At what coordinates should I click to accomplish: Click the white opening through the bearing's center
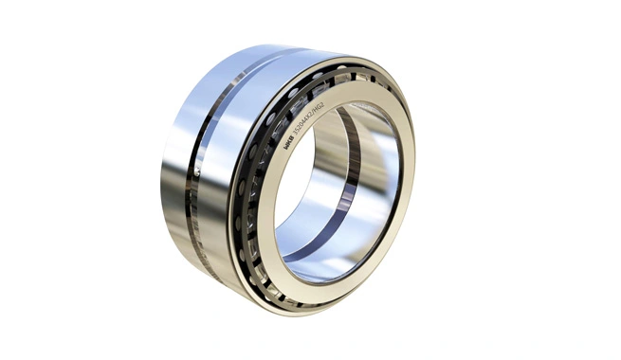pos(303,180)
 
